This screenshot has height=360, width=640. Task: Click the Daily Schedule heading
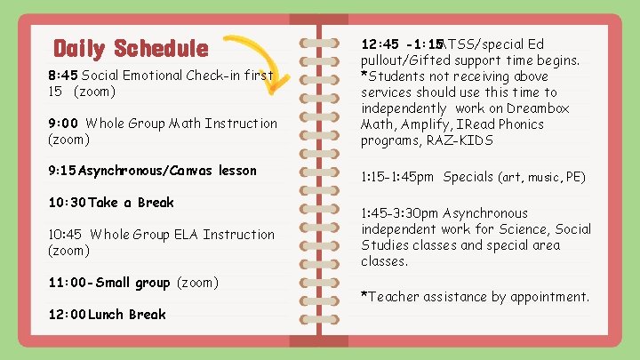coord(131,48)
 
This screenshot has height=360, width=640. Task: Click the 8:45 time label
coord(63,76)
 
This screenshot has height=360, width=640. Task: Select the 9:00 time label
coord(64,124)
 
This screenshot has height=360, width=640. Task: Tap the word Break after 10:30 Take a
coord(156,203)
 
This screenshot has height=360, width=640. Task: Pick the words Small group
coord(134,283)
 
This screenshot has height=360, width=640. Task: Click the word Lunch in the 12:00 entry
coord(106,315)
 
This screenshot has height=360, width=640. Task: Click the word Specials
coord(468,177)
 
